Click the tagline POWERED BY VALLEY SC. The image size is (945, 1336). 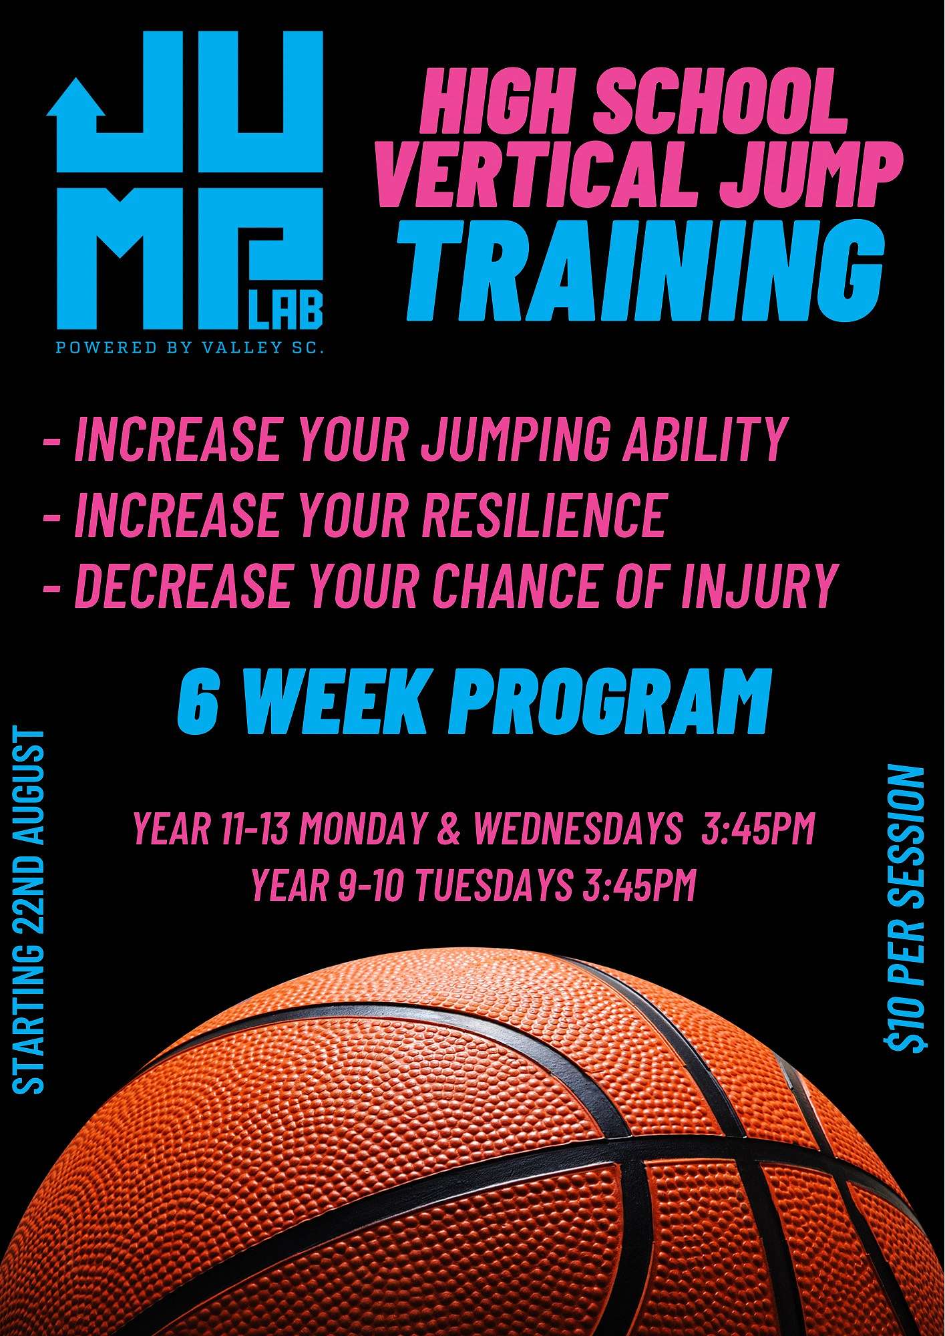click(189, 348)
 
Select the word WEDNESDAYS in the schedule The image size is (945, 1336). click(577, 828)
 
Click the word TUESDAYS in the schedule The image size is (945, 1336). click(495, 886)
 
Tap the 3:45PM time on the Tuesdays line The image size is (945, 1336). click(639, 886)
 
